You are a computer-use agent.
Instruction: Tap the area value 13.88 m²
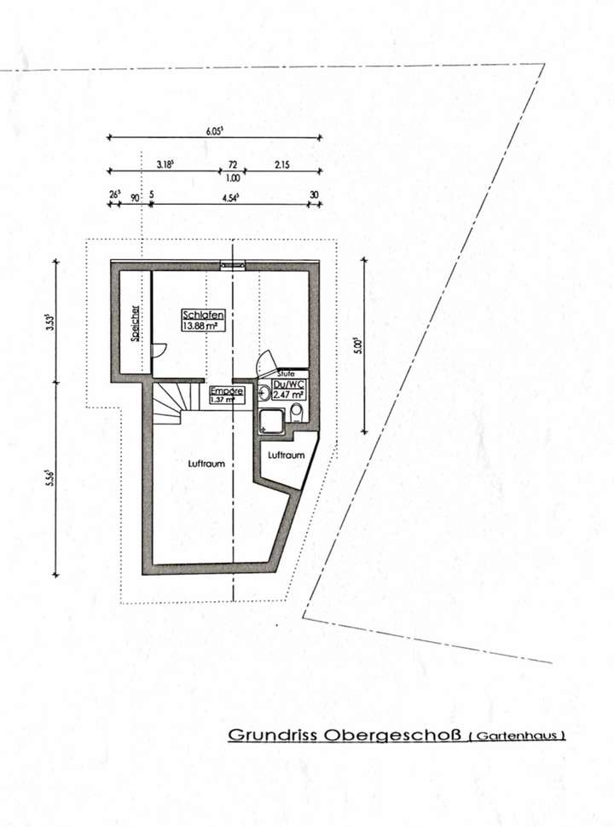(198, 325)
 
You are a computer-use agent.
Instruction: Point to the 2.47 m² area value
(288, 395)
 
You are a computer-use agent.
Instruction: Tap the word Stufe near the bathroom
(286, 373)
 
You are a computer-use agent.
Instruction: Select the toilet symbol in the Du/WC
(296, 413)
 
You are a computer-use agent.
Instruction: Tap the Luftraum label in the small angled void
(286, 455)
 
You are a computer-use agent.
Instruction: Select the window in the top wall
(233, 265)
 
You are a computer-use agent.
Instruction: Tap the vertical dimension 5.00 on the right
(359, 345)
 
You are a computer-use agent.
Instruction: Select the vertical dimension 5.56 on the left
(50, 478)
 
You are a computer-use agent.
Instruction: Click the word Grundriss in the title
(272, 735)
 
